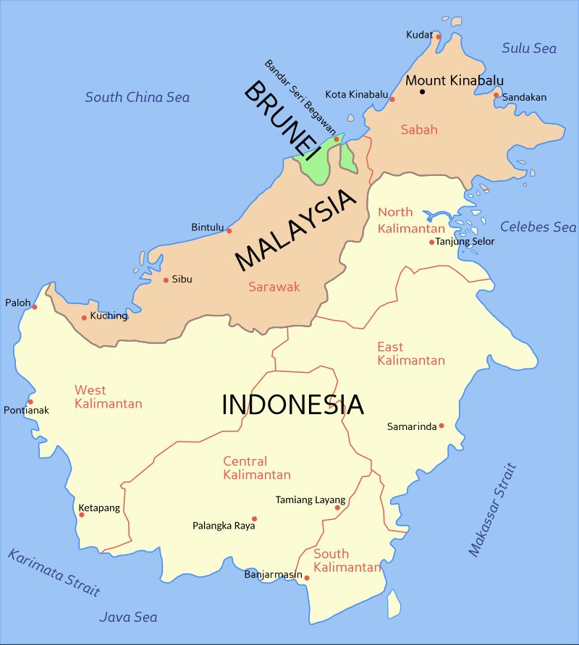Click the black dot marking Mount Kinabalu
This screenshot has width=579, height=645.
point(423,92)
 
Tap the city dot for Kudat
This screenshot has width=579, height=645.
point(438,35)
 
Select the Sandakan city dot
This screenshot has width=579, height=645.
point(496,95)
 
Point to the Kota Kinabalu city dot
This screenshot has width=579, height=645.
point(392,99)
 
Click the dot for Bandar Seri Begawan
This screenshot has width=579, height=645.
point(337,139)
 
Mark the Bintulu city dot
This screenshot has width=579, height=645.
point(229,231)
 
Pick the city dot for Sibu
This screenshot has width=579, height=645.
point(166,280)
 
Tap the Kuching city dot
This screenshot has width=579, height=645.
point(84,318)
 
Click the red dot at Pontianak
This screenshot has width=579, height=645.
point(30,402)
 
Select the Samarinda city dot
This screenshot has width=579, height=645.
point(441,426)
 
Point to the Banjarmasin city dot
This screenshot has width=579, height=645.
point(307,578)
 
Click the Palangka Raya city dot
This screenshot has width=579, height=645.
point(254,519)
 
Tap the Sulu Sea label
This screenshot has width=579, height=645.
point(529,49)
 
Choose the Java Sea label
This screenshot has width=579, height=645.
point(128,617)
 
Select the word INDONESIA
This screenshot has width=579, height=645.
point(292,405)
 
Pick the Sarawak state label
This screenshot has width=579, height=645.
point(274,287)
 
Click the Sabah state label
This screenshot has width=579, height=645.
point(419,130)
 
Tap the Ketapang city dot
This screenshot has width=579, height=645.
point(82,515)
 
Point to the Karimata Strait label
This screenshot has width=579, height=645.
point(54,573)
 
